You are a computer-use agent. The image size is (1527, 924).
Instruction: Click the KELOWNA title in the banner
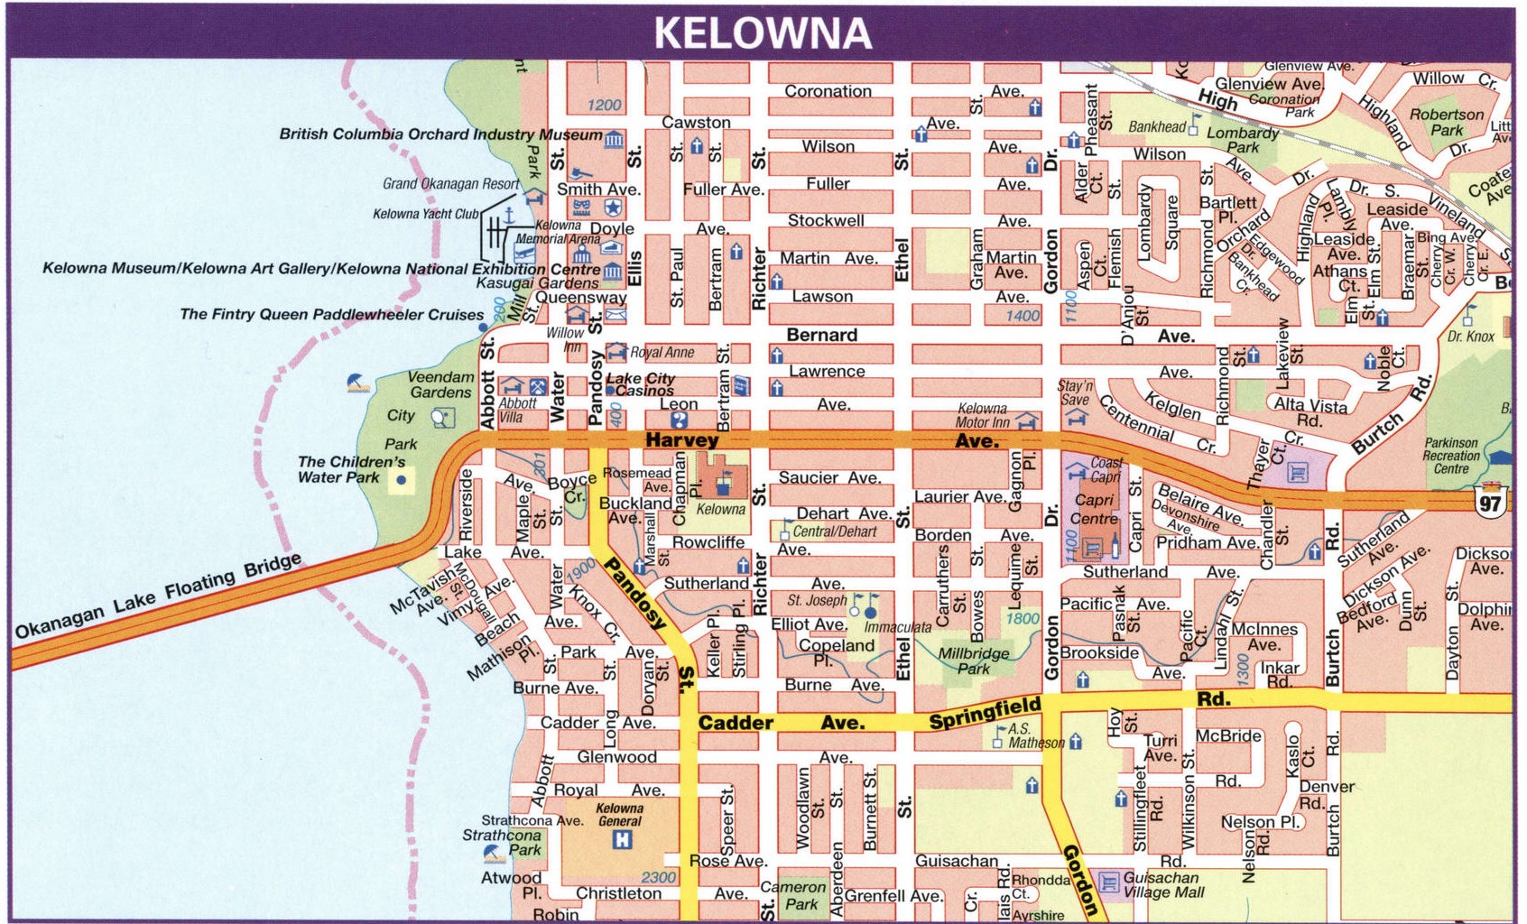763,33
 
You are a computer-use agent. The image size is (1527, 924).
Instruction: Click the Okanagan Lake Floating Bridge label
158,596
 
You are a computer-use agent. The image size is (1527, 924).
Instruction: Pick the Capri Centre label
1094,509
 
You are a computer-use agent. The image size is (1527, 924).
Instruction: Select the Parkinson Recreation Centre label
1451,456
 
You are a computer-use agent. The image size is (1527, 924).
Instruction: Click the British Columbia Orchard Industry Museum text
440,134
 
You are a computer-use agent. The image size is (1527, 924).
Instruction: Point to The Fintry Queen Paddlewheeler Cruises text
331,314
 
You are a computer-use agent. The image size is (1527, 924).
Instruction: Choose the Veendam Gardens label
440,384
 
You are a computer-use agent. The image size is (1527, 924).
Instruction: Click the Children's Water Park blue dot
401,481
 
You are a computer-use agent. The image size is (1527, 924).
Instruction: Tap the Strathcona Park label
502,842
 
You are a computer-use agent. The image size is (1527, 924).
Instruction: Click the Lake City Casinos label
641,384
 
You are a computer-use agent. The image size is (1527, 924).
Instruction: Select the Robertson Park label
1446,122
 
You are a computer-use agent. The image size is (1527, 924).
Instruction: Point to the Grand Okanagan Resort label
450,184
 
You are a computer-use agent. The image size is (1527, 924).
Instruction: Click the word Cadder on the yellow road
736,723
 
